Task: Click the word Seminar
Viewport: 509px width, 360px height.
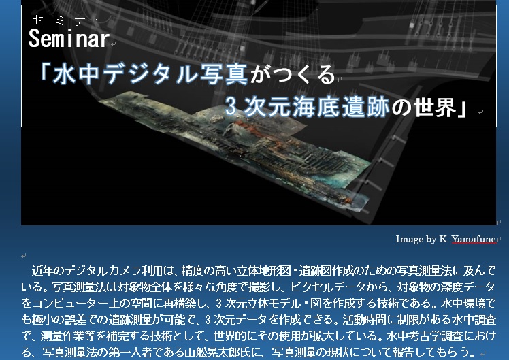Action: coord(69,38)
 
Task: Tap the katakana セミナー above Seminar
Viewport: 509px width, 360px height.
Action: coord(69,20)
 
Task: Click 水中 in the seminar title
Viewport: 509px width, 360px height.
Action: coord(76,74)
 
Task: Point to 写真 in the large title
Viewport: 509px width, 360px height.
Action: coord(224,74)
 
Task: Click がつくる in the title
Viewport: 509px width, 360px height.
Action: coord(293,74)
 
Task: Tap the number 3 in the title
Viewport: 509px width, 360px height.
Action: coord(231,106)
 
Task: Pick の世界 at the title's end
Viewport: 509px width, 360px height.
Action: coord(423,107)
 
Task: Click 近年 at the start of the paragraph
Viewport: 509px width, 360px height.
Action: coord(42,270)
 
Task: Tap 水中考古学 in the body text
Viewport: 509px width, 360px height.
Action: coord(414,336)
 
